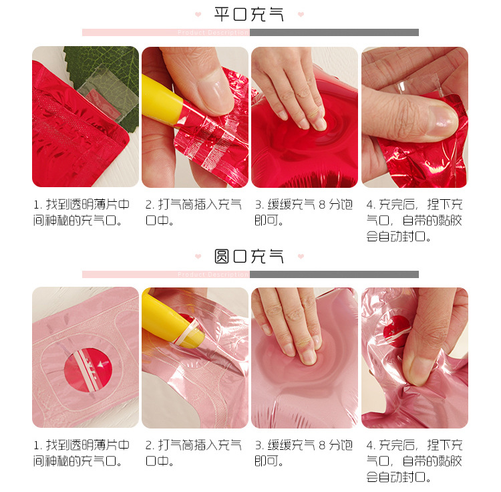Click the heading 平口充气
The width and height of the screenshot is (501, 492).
pos(249,15)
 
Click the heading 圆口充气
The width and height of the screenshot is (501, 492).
pos(249,256)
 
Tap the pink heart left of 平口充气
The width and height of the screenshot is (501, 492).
pos(198,15)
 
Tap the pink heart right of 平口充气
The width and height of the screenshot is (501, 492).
pos(301,15)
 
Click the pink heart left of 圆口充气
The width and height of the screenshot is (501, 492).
pos(198,256)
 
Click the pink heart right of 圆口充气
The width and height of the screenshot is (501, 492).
pos(301,256)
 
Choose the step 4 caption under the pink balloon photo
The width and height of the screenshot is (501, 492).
pos(414,461)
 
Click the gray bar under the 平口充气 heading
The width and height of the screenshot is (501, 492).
pos(334,32)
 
